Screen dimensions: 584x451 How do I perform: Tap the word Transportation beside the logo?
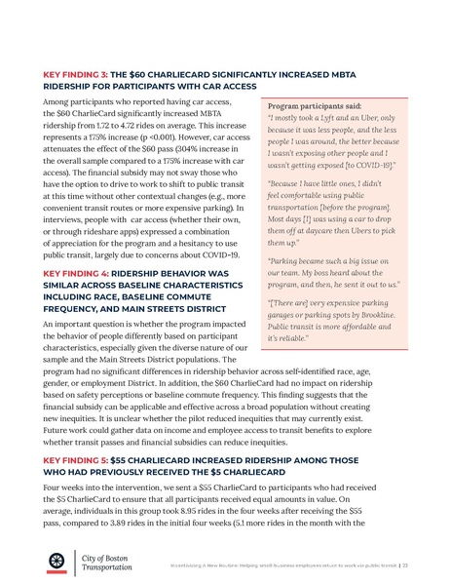(x=108, y=566)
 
